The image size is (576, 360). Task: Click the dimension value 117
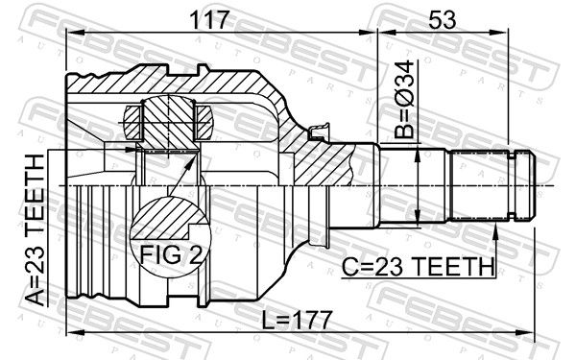point(209,20)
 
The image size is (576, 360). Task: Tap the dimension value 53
point(443,20)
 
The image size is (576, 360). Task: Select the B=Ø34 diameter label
point(405,100)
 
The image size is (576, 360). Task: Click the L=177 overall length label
point(298,321)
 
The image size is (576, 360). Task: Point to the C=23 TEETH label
point(418,267)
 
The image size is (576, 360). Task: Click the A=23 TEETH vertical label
point(36,230)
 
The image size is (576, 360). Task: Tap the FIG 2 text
point(171,255)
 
